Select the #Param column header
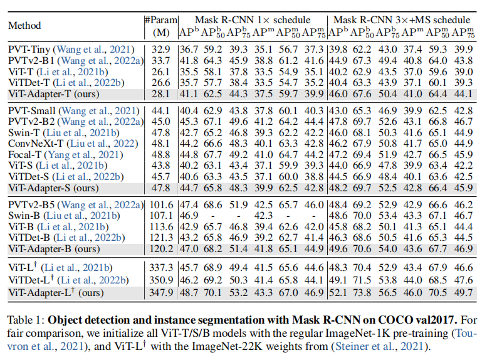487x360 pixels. pos(159,19)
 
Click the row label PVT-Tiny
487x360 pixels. pos(29,49)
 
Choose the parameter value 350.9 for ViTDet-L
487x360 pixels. pos(159,280)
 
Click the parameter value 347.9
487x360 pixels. pos(159,292)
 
